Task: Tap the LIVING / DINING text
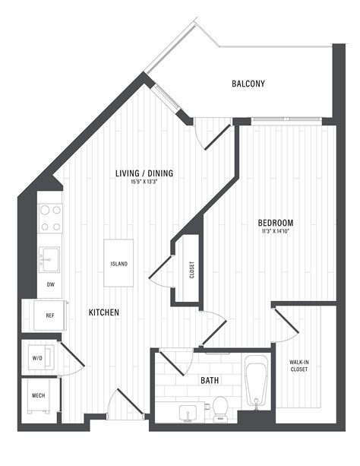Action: pyautogui.click(x=144, y=173)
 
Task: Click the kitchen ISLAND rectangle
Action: pyautogui.click(x=118, y=264)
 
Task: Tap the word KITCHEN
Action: pyautogui.click(x=104, y=312)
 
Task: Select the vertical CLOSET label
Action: pyautogui.click(x=191, y=270)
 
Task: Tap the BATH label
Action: pyautogui.click(x=210, y=379)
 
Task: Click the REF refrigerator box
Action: pyautogui.click(x=49, y=315)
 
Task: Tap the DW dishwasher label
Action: pyautogui.click(x=50, y=284)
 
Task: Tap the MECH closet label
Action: pyautogui.click(x=38, y=396)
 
